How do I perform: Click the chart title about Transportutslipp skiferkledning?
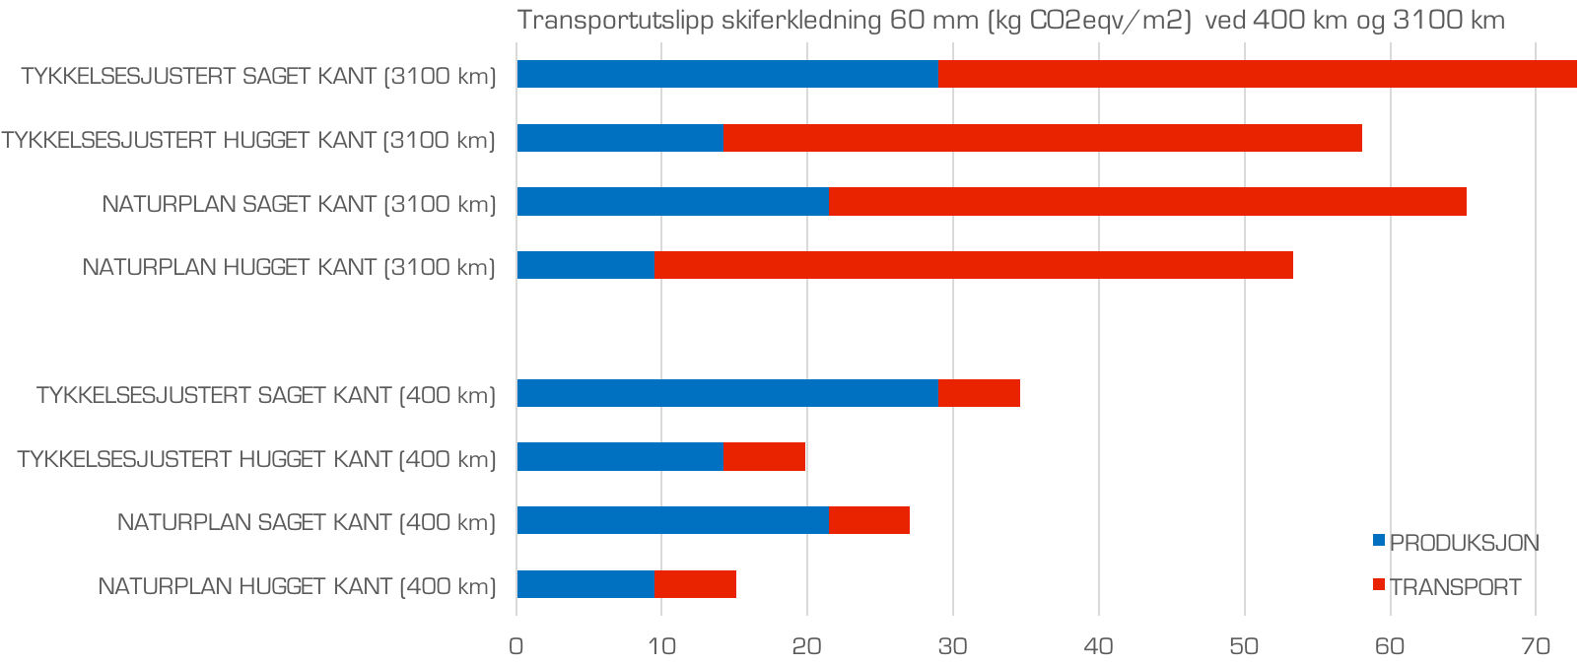[1010, 21]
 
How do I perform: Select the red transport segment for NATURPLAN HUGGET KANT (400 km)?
[695, 584]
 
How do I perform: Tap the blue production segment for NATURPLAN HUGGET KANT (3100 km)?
[585, 265]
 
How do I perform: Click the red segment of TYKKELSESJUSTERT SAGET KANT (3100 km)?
[1257, 74]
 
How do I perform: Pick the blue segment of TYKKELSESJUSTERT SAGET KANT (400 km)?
[726, 393]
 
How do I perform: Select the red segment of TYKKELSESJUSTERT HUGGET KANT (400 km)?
[764, 457]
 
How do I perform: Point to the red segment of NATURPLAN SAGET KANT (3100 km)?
[1147, 202]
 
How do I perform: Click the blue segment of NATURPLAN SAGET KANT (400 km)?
[672, 520]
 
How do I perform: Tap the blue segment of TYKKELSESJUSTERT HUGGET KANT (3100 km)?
[619, 138]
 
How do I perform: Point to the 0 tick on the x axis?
[516, 646]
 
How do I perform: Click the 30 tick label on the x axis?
[952, 646]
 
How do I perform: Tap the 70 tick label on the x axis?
[1535, 646]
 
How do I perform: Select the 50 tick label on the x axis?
[1244, 646]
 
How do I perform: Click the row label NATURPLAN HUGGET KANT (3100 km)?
[289, 267]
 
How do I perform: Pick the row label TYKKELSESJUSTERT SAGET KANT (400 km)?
[265, 395]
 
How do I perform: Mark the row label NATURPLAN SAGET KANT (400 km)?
[306, 522]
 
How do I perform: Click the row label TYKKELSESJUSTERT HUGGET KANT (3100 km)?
[248, 140]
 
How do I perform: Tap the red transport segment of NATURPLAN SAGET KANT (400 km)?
[869, 520]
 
